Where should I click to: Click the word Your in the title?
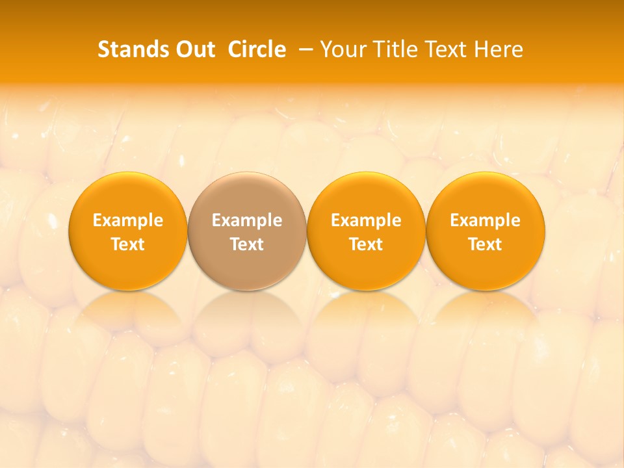click(344, 49)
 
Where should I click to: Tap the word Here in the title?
click(498, 49)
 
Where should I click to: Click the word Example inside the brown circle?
click(247, 220)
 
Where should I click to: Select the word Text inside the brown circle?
click(247, 244)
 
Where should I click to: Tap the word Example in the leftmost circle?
click(128, 220)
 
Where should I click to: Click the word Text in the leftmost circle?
click(128, 244)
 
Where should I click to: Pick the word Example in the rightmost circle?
click(485, 220)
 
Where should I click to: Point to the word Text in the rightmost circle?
click(485, 244)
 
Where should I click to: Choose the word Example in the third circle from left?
click(366, 220)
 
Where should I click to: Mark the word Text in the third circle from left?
click(366, 244)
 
